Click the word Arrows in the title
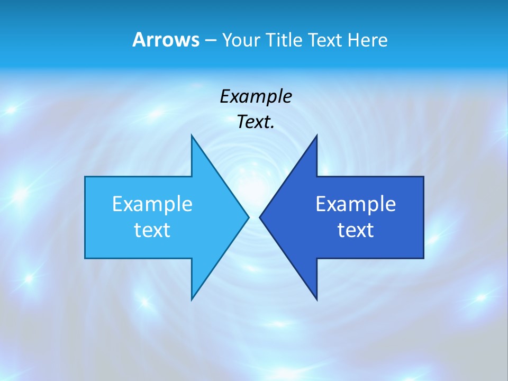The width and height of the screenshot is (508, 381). [165, 40]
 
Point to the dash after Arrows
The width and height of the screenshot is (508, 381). [210, 41]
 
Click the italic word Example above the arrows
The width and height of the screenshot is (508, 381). [256, 97]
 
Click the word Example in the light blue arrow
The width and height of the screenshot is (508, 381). [152, 204]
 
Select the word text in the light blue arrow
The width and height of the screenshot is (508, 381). [152, 230]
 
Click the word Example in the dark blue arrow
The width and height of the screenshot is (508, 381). [356, 204]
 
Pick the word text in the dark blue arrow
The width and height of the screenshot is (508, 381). [356, 230]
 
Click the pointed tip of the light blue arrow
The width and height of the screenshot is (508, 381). [248, 217]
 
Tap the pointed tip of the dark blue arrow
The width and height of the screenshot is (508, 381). [260, 217]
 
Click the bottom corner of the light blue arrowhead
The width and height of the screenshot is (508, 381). [192, 299]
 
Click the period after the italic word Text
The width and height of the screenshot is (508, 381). [273, 128]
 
